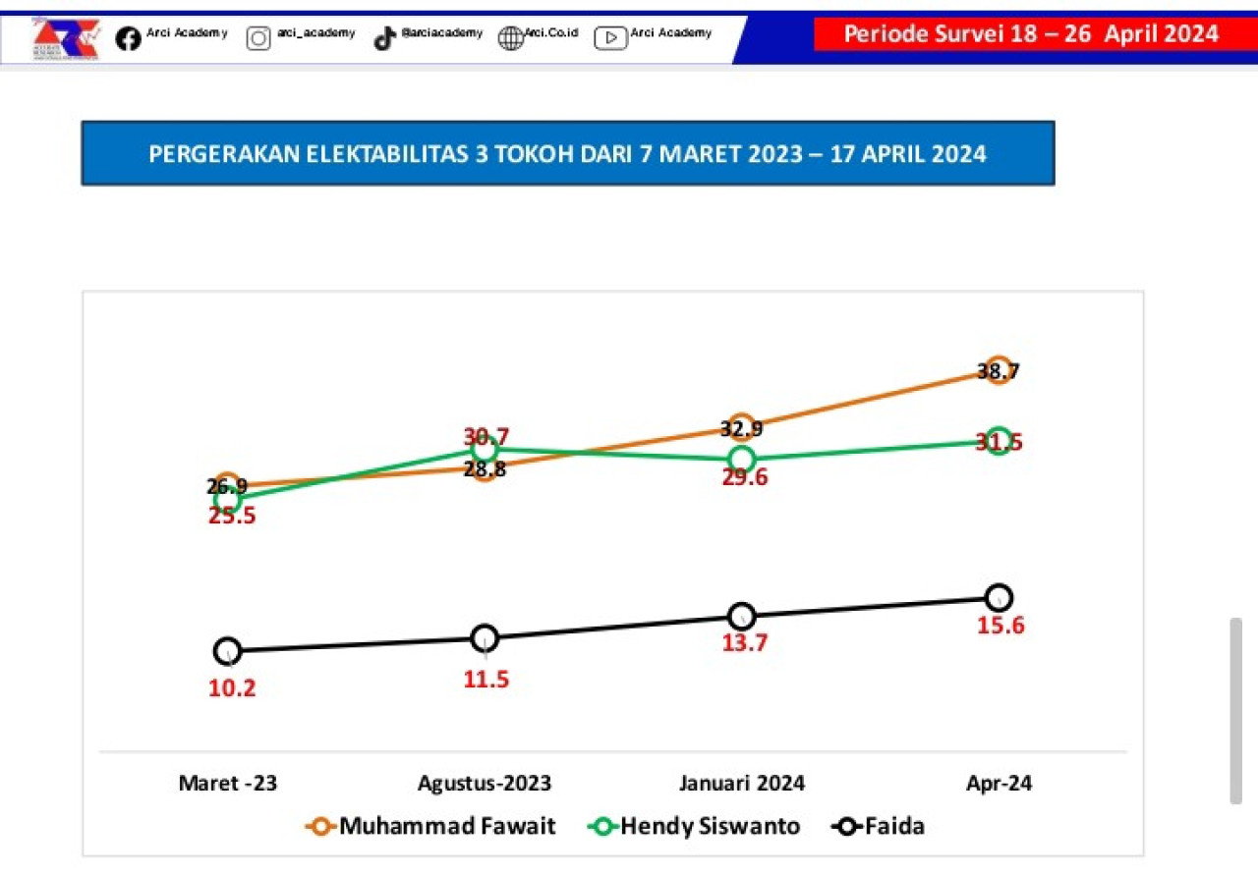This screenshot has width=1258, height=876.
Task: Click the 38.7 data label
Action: click(999, 371)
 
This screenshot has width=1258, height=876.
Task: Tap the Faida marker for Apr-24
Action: click(999, 597)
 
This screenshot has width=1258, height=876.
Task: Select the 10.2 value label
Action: click(232, 687)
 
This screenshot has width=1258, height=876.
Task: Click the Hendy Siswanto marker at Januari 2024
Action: click(742, 459)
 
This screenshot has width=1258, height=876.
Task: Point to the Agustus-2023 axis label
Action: click(485, 784)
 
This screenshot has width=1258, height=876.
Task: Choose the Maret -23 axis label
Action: click(228, 784)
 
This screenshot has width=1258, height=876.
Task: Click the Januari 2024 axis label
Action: click(742, 784)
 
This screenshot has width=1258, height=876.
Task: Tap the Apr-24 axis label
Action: click(1000, 784)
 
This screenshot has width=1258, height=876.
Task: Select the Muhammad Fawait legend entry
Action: click(432, 826)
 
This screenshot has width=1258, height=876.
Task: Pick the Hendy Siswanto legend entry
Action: click(695, 826)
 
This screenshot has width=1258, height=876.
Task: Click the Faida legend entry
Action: click(880, 826)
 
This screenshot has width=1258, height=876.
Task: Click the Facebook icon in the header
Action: click(128, 38)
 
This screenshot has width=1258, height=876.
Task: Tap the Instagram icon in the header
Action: click(258, 38)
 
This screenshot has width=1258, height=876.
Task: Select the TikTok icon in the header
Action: click(384, 38)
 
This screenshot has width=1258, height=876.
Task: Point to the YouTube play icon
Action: click(610, 38)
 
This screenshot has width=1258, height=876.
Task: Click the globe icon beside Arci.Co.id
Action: click(511, 38)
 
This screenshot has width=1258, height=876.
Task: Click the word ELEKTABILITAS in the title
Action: click(388, 154)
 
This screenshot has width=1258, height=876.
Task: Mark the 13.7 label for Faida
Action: click(744, 643)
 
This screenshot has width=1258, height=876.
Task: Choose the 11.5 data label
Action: click(486, 679)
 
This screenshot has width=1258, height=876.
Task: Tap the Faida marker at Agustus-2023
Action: click(485, 638)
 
